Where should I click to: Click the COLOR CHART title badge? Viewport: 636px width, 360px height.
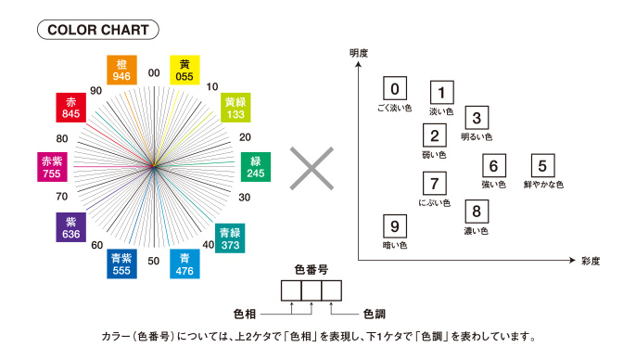pos(98,30)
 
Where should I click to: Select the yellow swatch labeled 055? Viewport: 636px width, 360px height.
pos(184,70)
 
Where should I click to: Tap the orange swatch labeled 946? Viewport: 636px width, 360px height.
pos(121,70)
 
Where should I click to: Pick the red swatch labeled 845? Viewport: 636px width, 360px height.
pos(71,108)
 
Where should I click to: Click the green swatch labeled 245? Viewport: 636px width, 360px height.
pos(256,167)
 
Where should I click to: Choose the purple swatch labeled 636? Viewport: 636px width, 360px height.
pos(71,227)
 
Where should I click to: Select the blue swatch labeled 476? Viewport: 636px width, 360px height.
pos(184,264)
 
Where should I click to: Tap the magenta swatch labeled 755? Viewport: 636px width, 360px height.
pos(52,167)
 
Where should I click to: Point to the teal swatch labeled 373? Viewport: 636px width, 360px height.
pos(230,238)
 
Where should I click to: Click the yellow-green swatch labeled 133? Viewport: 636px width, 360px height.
pos(235,108)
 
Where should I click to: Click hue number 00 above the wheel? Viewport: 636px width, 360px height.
pos(154,73)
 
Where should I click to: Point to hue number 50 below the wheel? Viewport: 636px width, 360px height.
pos(153,261)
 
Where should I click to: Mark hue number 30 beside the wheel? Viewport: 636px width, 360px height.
pos(244,198)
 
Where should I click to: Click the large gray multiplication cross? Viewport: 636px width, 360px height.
pos(312,169)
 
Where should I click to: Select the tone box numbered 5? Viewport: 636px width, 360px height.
pos(542,165)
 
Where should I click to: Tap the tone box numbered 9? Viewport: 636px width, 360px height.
pos(395,226)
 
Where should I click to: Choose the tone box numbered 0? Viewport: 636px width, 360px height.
pos(395,88)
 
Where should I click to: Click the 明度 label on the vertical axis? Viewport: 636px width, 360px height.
pos(359,53)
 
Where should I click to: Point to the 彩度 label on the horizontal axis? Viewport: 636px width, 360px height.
pos(591,261)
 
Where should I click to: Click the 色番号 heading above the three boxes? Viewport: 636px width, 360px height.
pos(312,269)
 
